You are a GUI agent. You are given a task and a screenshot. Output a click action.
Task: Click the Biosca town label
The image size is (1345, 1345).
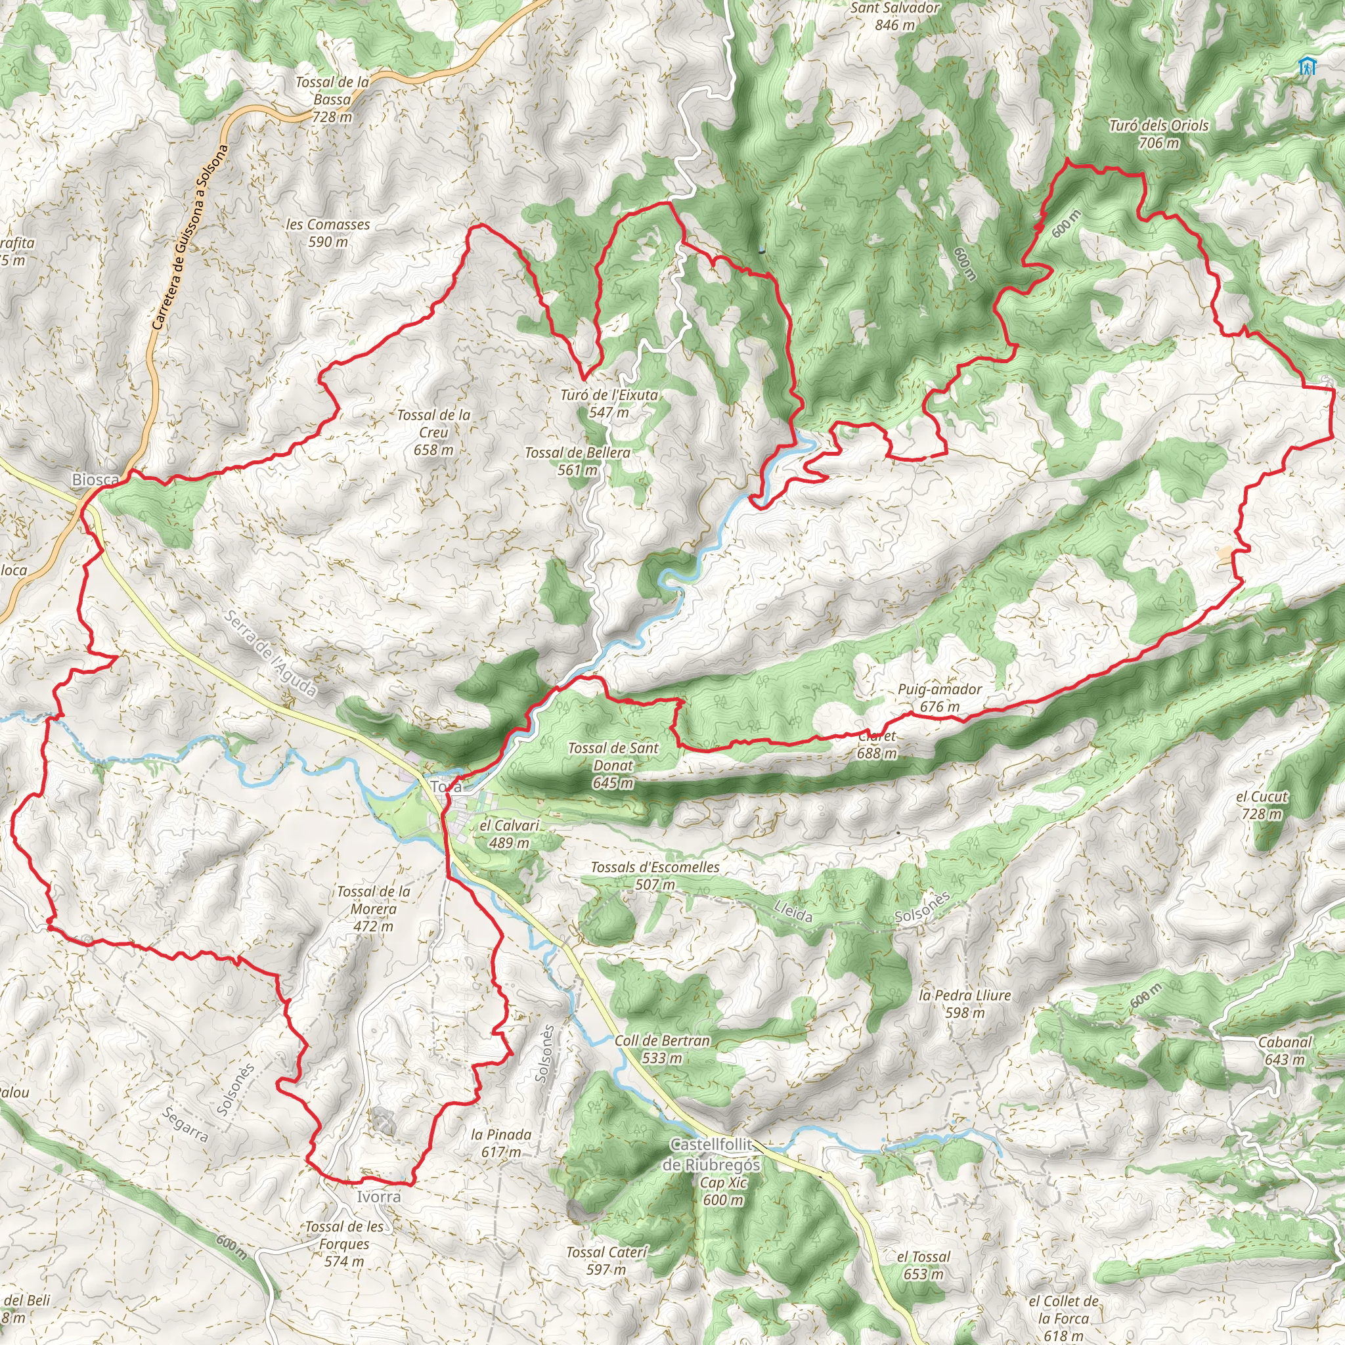tap(95, 479)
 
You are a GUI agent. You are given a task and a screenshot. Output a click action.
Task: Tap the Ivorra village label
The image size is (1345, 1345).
tap(379, 1197)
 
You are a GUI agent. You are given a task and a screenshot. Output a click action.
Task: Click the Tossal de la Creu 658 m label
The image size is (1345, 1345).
tap(433, 432)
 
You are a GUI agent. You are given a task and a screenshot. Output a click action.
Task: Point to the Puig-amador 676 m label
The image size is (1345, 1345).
tap(939, 697)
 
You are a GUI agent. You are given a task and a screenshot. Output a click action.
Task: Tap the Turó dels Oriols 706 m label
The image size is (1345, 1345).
tap(1158, 135)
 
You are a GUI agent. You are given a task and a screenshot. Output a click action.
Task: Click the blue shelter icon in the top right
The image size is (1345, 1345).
tap(1308, 67)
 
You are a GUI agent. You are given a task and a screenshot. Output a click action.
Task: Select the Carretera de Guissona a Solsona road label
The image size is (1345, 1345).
tap(189, 236)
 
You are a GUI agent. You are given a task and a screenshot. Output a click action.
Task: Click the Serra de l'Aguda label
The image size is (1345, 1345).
tap(272, 654)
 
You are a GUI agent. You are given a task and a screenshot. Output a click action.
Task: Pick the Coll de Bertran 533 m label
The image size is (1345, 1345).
tap(662, 1049)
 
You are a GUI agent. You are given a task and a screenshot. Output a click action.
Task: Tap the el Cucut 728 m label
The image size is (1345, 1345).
tap(1262, 805)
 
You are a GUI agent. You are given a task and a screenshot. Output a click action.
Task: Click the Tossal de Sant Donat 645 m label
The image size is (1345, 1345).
tap(613, 765)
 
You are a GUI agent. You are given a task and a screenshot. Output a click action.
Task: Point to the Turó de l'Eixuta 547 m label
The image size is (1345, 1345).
tap(609, 403)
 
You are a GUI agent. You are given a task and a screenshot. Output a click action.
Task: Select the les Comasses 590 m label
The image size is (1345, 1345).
tap(328, 233)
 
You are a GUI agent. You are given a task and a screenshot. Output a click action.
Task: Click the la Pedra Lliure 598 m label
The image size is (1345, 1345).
tap(965, 1004)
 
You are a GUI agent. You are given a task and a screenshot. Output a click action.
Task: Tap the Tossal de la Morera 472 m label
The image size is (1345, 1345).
tap(373, 908)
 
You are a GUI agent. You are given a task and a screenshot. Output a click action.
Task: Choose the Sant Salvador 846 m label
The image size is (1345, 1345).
tap(894, 16)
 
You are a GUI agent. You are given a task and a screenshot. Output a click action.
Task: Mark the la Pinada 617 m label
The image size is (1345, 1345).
tap(500, 1143)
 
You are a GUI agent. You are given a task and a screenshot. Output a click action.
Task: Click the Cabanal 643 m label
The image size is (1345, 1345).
tap(1285, 1051)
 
